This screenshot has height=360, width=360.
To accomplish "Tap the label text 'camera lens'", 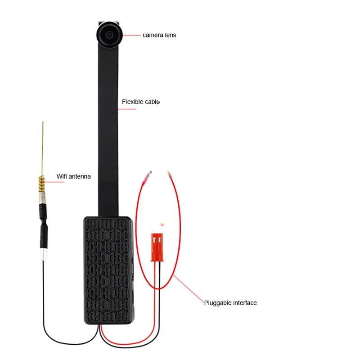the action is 159,35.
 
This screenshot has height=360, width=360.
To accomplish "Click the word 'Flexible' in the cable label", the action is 132,102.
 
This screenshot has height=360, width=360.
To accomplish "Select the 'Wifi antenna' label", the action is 73,176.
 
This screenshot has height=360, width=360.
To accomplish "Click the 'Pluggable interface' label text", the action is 230,303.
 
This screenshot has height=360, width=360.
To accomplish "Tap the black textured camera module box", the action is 108,270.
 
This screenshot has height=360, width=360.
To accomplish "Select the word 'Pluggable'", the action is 217,303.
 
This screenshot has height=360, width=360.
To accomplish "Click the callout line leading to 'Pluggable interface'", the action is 189,290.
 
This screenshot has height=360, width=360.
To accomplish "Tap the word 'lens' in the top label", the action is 170,35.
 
